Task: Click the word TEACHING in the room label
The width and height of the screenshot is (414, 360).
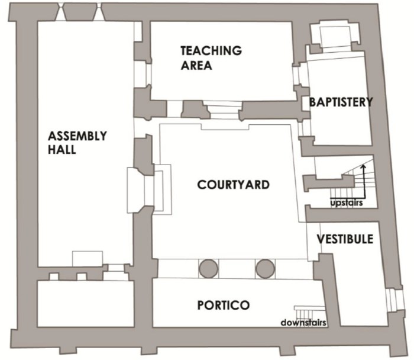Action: (x=211, y=50)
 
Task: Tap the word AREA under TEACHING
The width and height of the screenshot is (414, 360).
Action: (x=196, y=65)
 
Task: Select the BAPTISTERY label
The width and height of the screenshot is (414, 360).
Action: (x=341, y=102)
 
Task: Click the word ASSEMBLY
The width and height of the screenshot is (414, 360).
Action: (x=77, y=136)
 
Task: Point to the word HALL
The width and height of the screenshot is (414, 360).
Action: (x=62, y=150)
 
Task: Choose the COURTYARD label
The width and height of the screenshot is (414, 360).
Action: (x=234, y=185)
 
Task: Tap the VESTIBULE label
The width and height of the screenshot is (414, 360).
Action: (x=345, y=239)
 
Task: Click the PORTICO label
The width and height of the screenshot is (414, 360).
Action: (x=224, y=305)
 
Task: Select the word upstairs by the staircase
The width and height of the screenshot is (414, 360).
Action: (x=347, y=203)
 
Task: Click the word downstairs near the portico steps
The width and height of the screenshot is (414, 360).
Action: (x=303, y=323)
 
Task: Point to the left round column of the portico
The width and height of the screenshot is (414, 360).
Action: (x=209, y=269)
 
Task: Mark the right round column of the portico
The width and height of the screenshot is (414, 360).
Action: (x=265, y=269)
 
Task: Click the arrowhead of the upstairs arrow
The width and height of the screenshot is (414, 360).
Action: (x=363, y=166)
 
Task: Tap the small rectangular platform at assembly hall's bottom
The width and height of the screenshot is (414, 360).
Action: (x=88, y=259)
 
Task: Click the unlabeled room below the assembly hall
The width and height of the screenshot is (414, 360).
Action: (x=86, y=303)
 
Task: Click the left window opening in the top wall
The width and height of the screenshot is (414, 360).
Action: (x=60, y=12)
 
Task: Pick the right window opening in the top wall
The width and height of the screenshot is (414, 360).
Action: (x=99, y=12)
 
